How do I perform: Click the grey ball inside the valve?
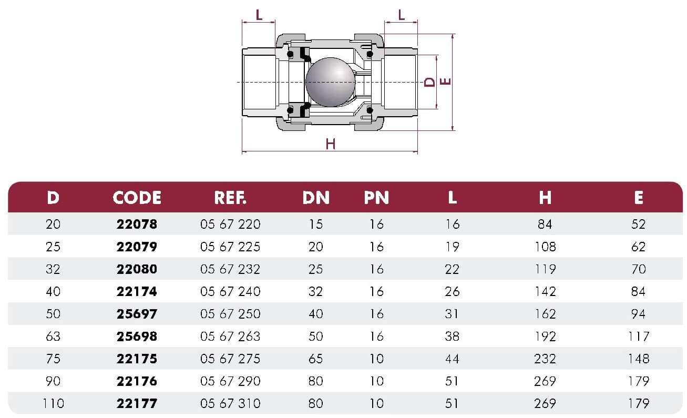pos(330,82)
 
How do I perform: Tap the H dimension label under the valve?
pos(330,144)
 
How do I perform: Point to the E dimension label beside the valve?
pos(445,81)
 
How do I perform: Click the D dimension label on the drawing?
pos(429,82)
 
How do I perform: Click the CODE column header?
pos(137,198)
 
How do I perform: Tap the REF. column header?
pos(230,198)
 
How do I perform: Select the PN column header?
pos(376,198)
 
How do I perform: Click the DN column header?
pos(316,198)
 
